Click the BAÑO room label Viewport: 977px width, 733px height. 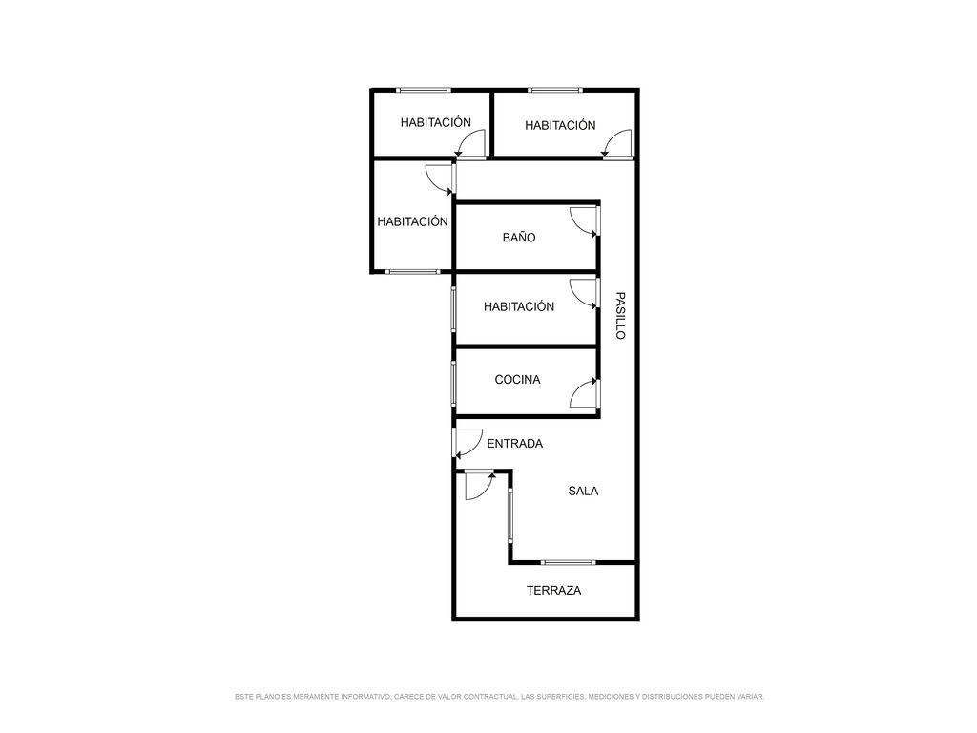(519, 237)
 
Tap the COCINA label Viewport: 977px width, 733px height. (517, 379)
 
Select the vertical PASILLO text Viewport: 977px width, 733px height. (620, 315)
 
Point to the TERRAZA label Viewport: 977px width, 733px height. (553, 590)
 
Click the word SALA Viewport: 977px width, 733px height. (583, 492)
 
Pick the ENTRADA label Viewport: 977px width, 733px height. (514, 443)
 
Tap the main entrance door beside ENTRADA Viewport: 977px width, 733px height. (468, 443)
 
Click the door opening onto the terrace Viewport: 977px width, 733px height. (481, 486)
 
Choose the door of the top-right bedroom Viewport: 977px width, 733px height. (617, 144)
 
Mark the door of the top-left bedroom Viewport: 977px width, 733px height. (470, 143)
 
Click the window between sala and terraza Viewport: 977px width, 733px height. (568, 562)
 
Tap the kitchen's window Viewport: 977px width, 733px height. (453, 384)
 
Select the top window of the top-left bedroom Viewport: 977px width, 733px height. (424, 90)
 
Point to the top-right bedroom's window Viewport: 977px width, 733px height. (555, 90)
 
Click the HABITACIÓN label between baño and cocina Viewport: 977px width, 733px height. (519, 306)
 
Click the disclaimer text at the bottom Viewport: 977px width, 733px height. (499, 696)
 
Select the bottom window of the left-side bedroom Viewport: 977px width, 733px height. (412, 271)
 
